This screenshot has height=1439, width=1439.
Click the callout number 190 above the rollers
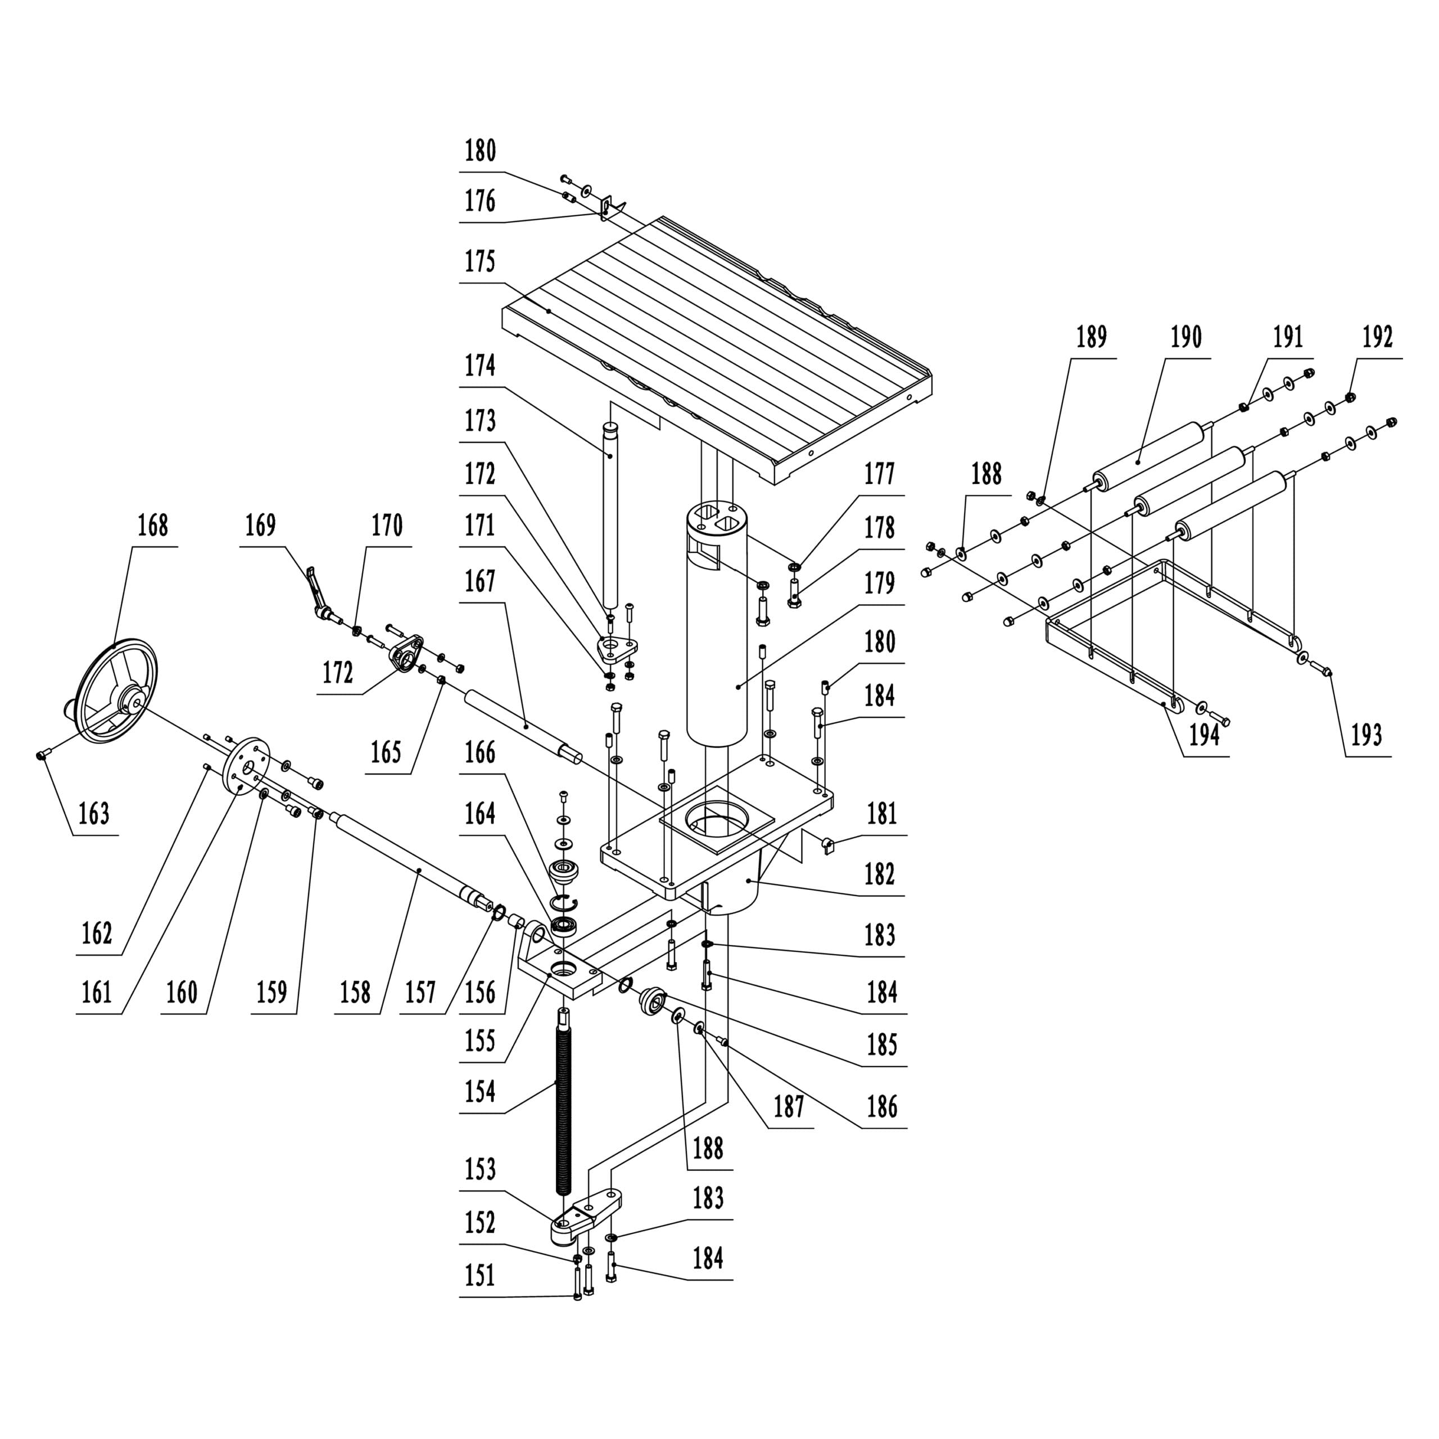pyautogui.click(x=1185, y=337)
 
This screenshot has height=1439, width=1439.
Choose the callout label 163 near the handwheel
pyautogui.click(x=94, y=814)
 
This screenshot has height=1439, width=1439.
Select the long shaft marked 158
pyautogui.click(x=417, y=864)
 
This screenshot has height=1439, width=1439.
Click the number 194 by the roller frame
pyautogui.click(x=1205, y=735)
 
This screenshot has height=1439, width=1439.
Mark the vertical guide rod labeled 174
pyautogui.click(x=611, y=522)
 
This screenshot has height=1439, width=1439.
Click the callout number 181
pyautogui.click(x=882, y=814)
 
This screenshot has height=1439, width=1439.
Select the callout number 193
pyautogui.click(x=1366, y=736)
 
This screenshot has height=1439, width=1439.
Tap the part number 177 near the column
pyautogui.click(x=879, y=474)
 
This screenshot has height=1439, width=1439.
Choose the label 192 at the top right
pyautogui.click(x=1377, y=337)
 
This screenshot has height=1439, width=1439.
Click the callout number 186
pyautogui.click(x=882, y=1107)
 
